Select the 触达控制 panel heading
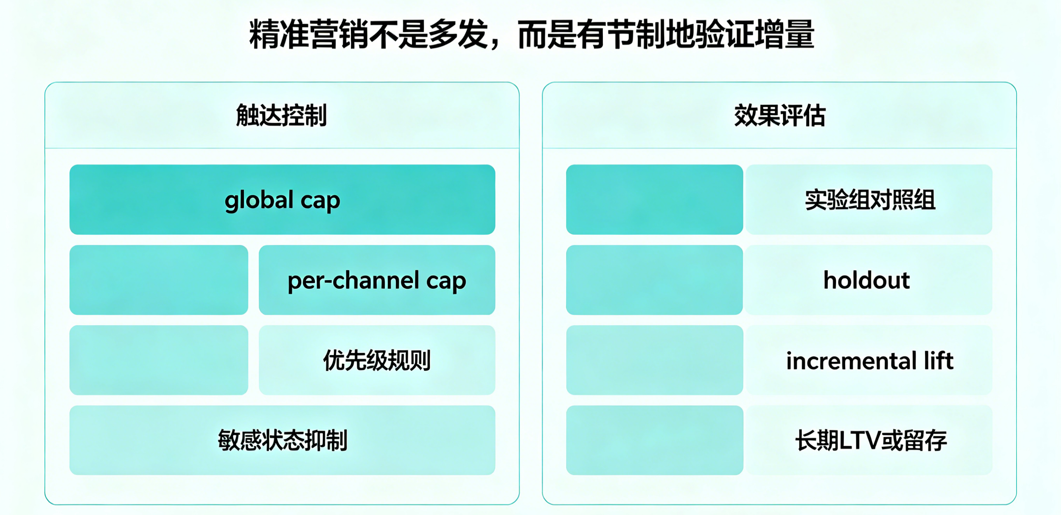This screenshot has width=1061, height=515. (x=281, y=115)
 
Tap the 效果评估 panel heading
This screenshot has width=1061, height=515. (x=780, y=115)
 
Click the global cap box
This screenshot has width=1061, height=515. (x=282, y=200)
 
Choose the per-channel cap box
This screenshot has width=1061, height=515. (x=377, y=280)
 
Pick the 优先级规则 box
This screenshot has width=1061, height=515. (x=377, y=360)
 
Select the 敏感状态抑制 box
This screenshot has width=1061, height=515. (x=282, y=440)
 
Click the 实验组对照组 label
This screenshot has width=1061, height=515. (x=870, y=200)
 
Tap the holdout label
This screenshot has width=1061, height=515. (x=867, y=280)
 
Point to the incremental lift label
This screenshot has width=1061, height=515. (x=870, y=360)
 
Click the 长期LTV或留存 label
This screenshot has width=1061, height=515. (x=871, y=440)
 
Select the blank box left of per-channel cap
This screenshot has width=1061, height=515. (x=159, y=280)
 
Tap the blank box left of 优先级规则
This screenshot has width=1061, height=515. (x=159, y=360)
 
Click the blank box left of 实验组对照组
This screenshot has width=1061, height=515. (x=654, y=200)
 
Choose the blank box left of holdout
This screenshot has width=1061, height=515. (x=654, y=280)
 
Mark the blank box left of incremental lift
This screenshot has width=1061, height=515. (x=654, y=360)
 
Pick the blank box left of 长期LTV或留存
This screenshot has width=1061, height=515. (x=654, y=440)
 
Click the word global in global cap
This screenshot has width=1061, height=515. (x=259, y=201)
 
